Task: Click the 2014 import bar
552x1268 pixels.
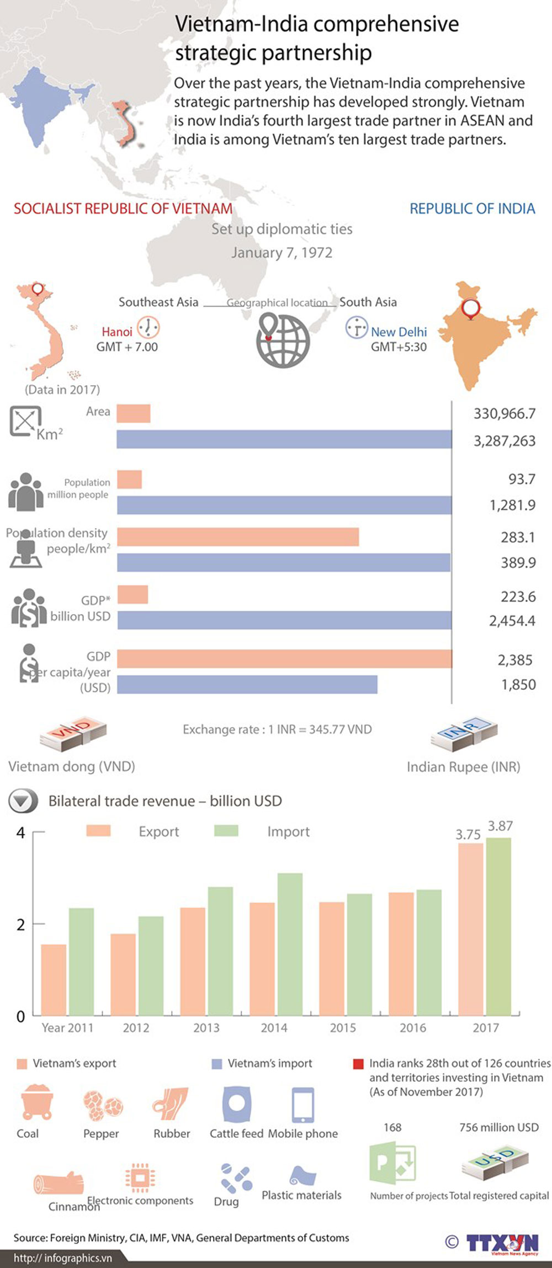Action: pyautogui.click(x=290, y=944)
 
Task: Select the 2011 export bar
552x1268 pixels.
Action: pyautogui.click(x=54, y=980)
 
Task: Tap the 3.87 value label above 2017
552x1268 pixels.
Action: pyautogui.click(x=500, y=826)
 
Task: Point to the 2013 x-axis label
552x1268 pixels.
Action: pyautogui.click(x=206, y=1027)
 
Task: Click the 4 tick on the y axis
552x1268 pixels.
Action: pyautogui.click(x=21, y=833)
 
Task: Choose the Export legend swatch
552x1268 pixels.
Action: pyautogui.click(x=98, y=830)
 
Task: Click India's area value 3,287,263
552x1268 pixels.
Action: pyautogui.click(x=505, y=441)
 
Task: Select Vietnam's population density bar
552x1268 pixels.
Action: pyautogui.click(x=238, y=537)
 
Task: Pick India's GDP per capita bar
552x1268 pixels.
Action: pyautogui.click(x=247, y=684)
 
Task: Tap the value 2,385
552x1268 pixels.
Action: pyautogui.click(x=515, y=660)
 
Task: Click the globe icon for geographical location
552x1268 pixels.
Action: pyautogui.click(x=282, y=340)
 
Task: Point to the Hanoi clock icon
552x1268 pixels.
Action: pyautogui.click(x=148, y=328)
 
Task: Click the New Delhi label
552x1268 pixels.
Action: pyautogui.click(x=399, y=332)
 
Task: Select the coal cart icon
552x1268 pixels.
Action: pyautogui.click(x=37, y=1102)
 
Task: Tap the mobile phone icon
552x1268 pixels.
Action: pyautogui.click(x=302, y=1105)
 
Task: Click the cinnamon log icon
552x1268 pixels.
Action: pyautogui.click(x=59, y=1184)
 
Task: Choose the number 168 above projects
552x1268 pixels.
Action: pyautogui.click(x=392, y=1127)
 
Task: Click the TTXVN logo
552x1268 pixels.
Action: pyautogui.click(x=502, y=1243)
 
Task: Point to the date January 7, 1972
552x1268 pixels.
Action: pyautogui.click(x=282, y=253)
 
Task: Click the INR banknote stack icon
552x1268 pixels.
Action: pyautogui.click(x=464, y=734)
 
